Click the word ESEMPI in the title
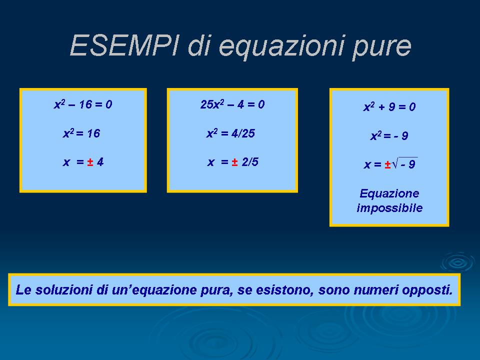(x=124, y=45)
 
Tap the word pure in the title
(x=381, y=47)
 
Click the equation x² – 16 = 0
(x=83, y=104)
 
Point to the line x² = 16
(x=81, y=133)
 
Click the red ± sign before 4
(x=90, y=161)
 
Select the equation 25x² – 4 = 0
(x=232, y=104)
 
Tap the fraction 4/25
(x=243, y=133)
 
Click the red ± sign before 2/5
(x=234, y=161)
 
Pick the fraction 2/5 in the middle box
(x=250, y=161)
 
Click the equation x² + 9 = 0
(x=389, y=107)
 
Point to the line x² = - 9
(x=389, y=135)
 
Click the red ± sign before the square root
(x=387, y=164)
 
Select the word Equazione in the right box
(x=389, y=193)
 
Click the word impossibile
(x=389, y=208)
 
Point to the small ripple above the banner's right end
(x=457, y=262)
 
